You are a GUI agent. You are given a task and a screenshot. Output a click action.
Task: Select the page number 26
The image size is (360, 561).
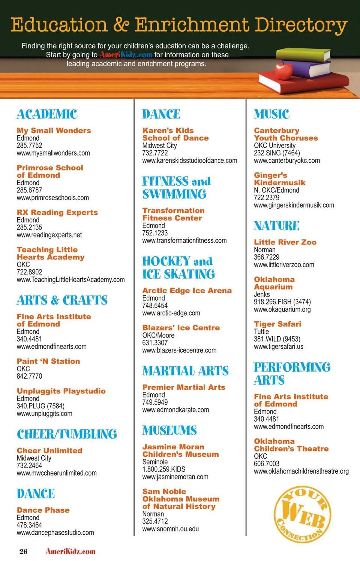(x=23, y=551)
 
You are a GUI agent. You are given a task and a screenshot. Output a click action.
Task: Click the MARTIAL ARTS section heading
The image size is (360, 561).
(x=185, y=371)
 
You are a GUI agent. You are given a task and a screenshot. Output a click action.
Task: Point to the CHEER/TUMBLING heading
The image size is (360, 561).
(x=67, y=434)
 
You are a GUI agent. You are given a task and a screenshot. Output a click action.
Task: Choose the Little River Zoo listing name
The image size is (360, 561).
(x=285, y=242)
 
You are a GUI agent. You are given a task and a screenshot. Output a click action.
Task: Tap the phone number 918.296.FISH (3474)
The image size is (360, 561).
(x=282, y=302)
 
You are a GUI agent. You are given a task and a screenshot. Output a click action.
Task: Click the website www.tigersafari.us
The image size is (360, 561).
(x=278, y=346)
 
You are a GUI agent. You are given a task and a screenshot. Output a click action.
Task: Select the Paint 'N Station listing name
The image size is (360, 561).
(x=48, y=361)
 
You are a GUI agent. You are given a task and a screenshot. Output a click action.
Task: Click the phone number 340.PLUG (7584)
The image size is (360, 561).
(x=40, y=406)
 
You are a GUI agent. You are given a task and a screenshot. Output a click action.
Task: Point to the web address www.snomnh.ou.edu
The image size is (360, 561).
(x=170, y=529)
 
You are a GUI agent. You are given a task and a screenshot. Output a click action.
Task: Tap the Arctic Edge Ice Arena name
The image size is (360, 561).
(x=187, y=291)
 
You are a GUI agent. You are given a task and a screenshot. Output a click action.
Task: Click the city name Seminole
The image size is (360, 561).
(x=155, y=462)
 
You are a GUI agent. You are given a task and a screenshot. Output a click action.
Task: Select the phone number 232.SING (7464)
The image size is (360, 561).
(x=277, y=153)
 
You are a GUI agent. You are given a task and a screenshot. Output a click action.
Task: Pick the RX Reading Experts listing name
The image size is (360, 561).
(x=57, y=212)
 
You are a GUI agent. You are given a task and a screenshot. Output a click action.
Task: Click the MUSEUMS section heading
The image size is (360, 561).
(x=169, y=430)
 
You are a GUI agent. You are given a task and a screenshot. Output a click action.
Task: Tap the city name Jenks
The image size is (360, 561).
(x=262, y=294)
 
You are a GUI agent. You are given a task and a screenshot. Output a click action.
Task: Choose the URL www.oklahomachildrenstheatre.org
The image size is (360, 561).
(x=301, y=471)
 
